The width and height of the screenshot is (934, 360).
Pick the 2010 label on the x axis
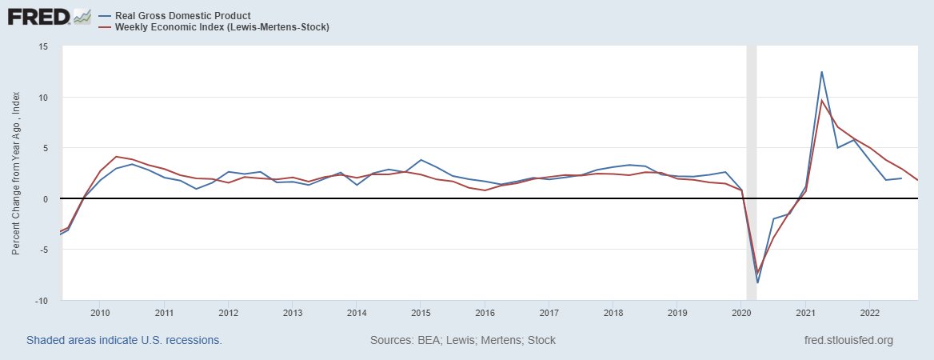pos(100,312)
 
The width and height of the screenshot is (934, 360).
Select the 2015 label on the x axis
pos(421,312)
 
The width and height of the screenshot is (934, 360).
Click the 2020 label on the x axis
pos(741,312)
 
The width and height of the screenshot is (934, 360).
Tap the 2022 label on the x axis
pos(869,312)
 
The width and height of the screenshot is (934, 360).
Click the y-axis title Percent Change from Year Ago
pos(16,174)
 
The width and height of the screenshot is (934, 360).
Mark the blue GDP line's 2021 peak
pos(821,72)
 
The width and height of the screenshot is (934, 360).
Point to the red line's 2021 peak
pos(822,100)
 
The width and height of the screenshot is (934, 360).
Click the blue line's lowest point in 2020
pos(757,282)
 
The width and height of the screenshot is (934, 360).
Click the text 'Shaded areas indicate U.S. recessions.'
pos(124,340)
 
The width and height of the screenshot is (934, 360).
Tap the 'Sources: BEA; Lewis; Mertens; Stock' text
pos(462,340)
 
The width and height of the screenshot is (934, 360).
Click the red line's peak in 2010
pos(117,157)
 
